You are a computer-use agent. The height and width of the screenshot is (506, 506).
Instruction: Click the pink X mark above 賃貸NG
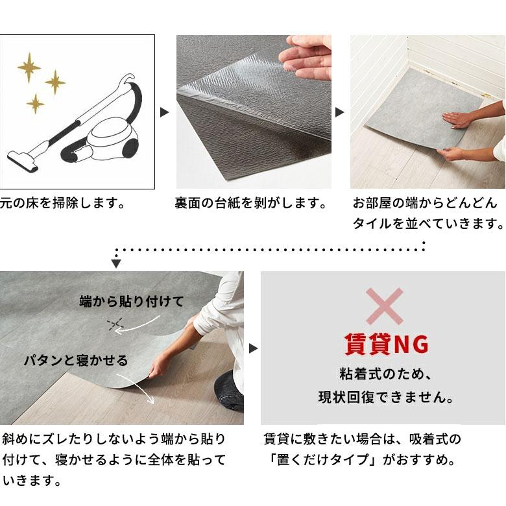(384, 306)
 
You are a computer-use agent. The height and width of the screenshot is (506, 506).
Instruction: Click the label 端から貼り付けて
(132, 301)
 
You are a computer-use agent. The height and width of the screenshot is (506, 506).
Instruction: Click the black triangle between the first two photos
(165, 112)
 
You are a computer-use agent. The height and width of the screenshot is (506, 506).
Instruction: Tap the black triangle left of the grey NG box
(253, 348)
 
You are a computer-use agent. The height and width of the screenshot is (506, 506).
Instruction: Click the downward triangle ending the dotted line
(116, 263)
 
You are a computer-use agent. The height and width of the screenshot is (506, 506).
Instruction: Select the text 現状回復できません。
(385, 396)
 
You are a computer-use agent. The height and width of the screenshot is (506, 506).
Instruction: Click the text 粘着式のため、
(385, 374)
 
